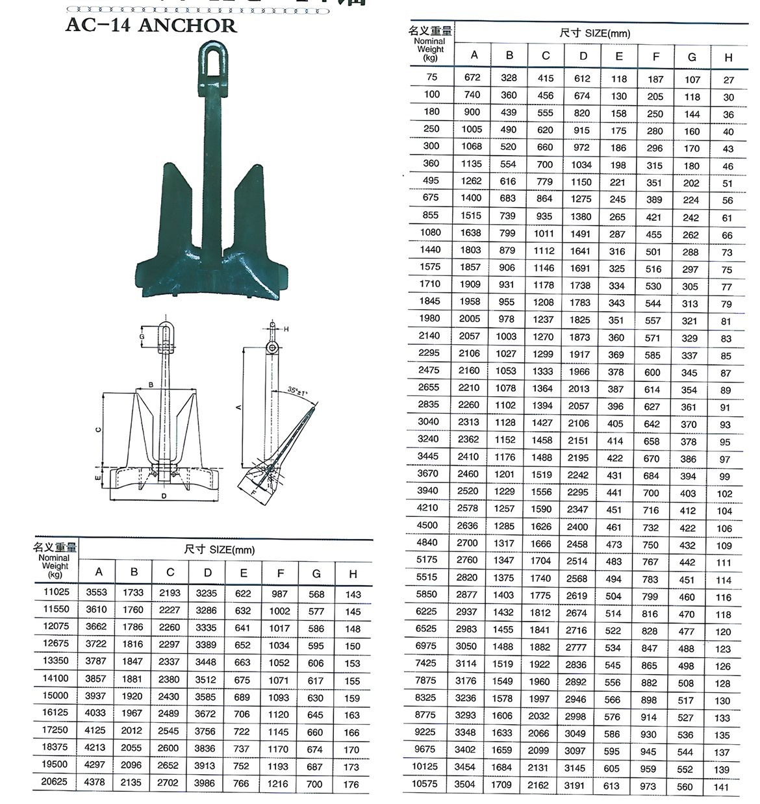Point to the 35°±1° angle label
298,392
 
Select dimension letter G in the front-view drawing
142,336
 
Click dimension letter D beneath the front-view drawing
164,496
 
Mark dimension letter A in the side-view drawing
238,407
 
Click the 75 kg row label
432,77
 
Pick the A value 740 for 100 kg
472,95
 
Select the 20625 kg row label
55,781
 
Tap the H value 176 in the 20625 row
351,784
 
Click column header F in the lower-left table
280,573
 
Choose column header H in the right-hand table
728,57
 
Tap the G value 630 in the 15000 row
316,697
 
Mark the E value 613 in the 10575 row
611,785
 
